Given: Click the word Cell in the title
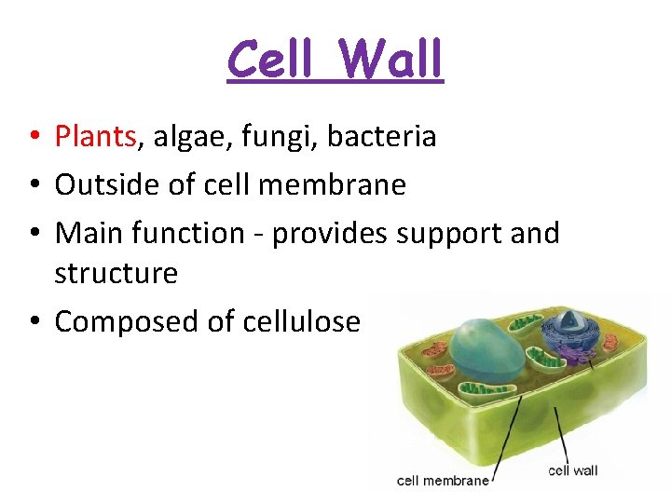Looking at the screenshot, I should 273,60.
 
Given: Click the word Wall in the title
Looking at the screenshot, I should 390,60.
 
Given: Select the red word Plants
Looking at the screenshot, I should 96,137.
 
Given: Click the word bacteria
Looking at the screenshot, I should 390,137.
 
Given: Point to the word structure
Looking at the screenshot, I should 116,274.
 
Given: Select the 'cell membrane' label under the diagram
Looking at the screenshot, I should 443,481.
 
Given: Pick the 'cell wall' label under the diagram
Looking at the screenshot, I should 572,470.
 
